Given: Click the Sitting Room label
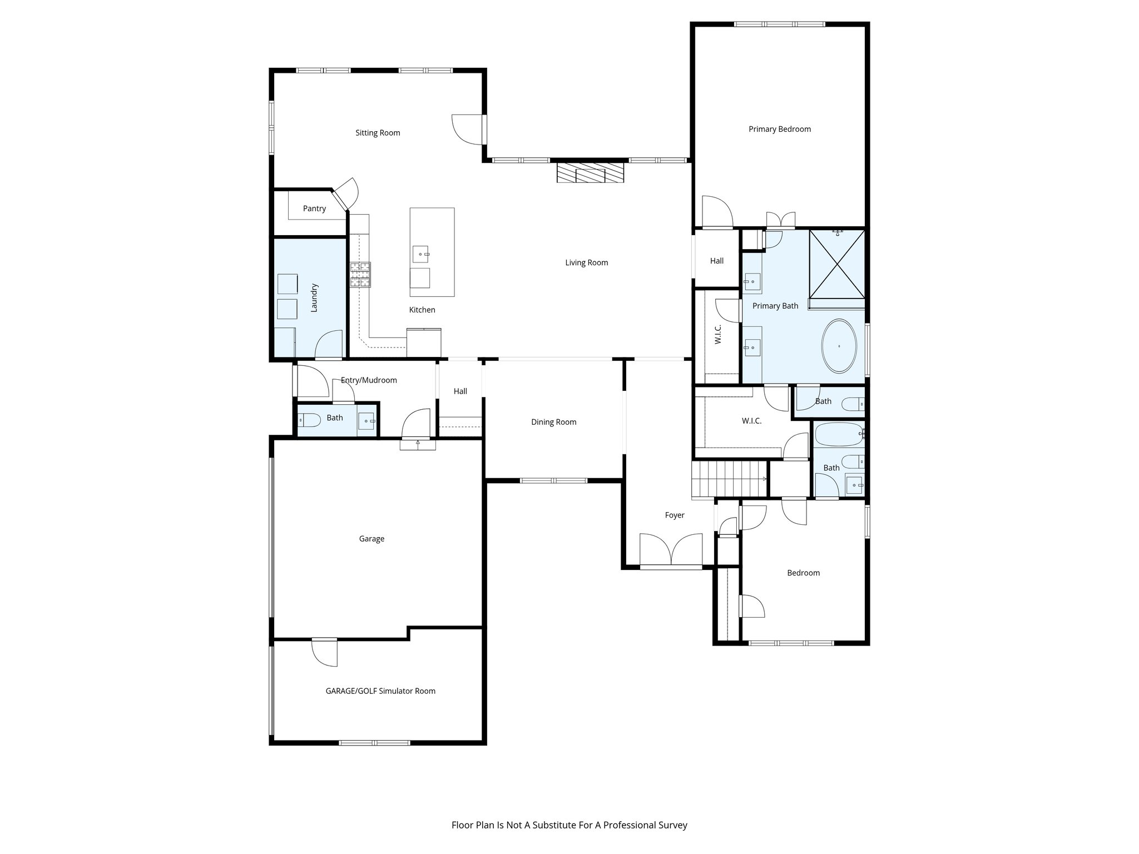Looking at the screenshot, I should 378,133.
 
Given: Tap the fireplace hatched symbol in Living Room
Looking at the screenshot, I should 590,172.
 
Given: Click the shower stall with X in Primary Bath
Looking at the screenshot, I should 837,264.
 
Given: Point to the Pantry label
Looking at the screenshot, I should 314,208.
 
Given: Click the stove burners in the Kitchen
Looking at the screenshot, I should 360,275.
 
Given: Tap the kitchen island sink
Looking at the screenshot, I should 421,254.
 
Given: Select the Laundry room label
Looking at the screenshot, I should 314,297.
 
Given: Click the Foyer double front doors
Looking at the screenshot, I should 671,550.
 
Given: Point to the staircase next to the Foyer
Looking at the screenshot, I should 729,479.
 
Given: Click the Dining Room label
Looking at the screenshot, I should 553,422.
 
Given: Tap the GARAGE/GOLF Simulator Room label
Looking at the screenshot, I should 380,691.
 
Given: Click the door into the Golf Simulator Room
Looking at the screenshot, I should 325,652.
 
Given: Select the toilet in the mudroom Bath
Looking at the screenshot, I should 309,420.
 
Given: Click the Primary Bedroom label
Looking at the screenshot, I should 779,129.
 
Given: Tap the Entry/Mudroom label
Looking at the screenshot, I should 369,380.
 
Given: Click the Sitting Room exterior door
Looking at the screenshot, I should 469,130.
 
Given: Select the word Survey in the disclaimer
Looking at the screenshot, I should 673,825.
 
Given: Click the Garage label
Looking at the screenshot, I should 372,539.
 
